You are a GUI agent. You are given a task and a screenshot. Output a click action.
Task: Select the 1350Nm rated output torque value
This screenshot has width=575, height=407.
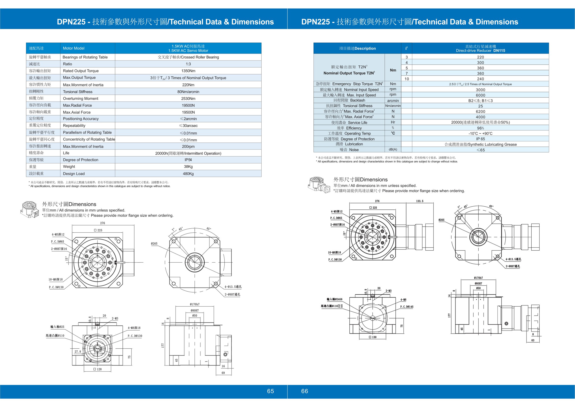tap(188, 71)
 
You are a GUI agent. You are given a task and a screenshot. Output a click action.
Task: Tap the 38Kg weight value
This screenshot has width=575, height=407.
tap(188, 167)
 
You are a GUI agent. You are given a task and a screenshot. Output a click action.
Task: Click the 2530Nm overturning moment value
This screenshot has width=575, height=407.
tap(188, 99)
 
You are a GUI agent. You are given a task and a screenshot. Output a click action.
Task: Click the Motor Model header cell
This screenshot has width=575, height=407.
tap(74, 48)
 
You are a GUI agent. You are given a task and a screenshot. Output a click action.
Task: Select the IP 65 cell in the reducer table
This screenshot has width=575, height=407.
tap(480, 139)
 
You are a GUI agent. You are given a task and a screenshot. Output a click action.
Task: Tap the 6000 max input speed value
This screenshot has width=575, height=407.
tap(480, 95)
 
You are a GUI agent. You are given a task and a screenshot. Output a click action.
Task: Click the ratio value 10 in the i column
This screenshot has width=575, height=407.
tap(407, 79)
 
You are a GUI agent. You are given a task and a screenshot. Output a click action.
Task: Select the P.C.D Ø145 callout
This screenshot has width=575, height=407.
tap(407, 307)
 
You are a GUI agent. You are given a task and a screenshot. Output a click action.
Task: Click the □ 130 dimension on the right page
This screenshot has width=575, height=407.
tap(373, 337)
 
